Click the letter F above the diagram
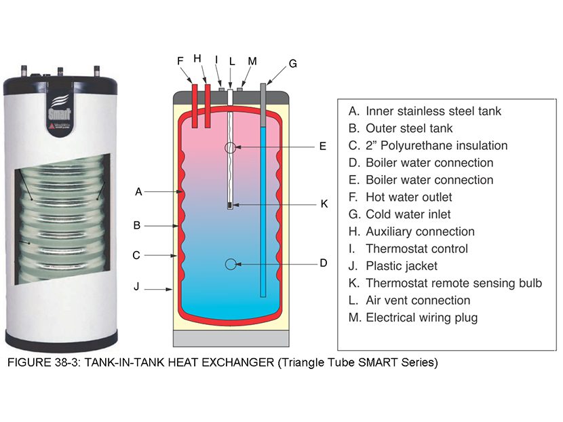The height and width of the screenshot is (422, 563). [x=180, y=60]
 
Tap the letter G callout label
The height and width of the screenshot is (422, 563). [x=292, y=64]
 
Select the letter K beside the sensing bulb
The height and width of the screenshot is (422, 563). [x=324, y=204]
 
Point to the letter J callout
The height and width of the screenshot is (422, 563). [x=136, y=287]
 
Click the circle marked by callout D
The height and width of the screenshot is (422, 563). [x=231, y=263]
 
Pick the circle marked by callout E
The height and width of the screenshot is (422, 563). [x=231, y=147]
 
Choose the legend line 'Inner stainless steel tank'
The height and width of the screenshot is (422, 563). [x=425, y=111]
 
